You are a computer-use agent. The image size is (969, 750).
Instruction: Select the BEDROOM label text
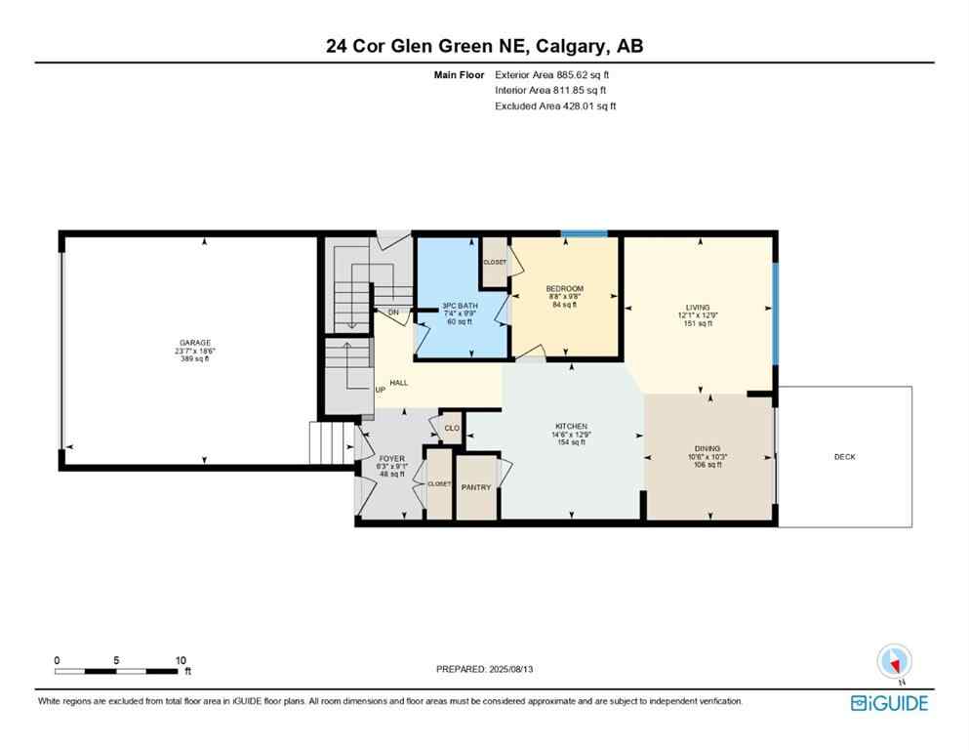pos(564,289)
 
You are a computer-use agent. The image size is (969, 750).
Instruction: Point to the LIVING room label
pos(697,307)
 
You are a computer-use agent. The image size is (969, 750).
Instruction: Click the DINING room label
pos(707,448)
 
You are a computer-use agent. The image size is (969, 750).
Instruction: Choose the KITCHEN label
pos(571,427)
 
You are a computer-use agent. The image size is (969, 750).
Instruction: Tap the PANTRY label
pos(476,488)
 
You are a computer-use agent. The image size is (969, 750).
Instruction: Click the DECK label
pos(844,457)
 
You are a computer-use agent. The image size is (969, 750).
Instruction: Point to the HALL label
pos(399,383)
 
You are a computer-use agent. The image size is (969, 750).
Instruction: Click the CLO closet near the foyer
pos(452,428)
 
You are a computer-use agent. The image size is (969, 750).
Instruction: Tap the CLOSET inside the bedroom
pos(495,263)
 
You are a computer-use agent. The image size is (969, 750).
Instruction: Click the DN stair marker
pos(394,312)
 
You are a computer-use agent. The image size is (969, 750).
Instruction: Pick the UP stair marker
pos(381,391)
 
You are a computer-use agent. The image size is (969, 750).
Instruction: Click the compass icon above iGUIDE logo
pos(895,662)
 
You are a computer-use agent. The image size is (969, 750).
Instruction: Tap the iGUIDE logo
pos(889,702)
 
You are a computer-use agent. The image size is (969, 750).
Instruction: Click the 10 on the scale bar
pos(181,660)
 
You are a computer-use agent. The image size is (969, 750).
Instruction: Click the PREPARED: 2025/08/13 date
pos(484,669)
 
